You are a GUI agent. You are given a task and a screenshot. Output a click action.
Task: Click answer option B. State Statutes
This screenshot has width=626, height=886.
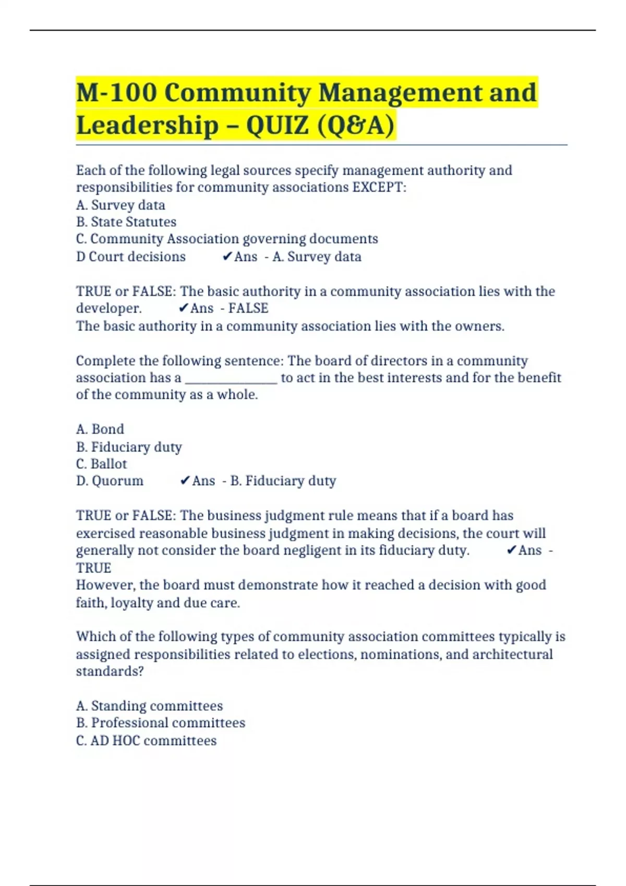click(126, 222)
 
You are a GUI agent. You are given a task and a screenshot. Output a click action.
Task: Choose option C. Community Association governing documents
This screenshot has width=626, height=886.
click(227, 239)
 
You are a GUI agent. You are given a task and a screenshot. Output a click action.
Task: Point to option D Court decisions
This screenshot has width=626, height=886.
click(130, 257)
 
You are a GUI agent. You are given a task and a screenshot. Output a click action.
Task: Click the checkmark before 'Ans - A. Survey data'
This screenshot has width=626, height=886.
click(227, 256)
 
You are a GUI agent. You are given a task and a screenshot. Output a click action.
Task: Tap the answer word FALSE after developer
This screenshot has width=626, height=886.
click(248, 309)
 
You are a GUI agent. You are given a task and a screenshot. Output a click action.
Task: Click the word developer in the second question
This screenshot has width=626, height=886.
click(109, 309)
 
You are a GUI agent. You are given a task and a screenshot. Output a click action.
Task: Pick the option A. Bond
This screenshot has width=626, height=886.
click(100, 429)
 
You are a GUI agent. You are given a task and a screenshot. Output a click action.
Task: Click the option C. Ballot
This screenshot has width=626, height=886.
click(101, 464)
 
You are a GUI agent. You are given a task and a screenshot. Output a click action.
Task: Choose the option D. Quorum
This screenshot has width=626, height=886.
click(110, 481)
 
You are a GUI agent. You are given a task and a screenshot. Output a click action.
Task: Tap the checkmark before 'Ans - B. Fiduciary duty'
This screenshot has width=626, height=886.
click(185, 481)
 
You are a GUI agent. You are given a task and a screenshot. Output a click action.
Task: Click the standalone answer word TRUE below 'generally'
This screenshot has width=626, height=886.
click(93, 568)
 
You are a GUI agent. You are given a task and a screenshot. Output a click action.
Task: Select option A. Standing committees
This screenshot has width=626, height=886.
click(149, 706)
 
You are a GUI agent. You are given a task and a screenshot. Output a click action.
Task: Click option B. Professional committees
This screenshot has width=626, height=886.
click(161, 723)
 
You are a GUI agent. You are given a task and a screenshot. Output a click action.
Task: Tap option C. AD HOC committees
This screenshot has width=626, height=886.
click(146, 741)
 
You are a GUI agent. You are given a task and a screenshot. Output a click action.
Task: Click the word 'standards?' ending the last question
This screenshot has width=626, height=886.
click(110, 671)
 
